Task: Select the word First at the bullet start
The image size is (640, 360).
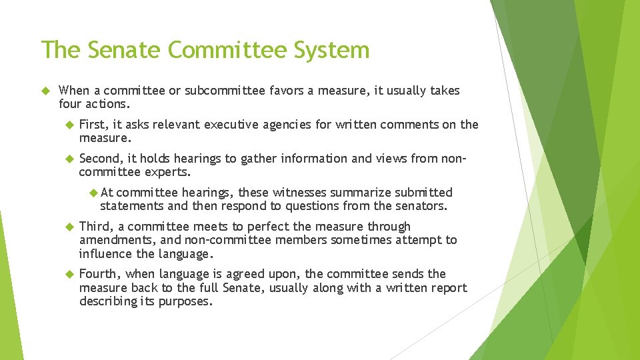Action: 93,125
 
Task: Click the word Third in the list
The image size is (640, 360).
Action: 95,227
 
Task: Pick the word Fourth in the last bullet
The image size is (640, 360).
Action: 98,274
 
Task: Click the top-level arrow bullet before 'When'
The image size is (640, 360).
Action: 46,91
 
